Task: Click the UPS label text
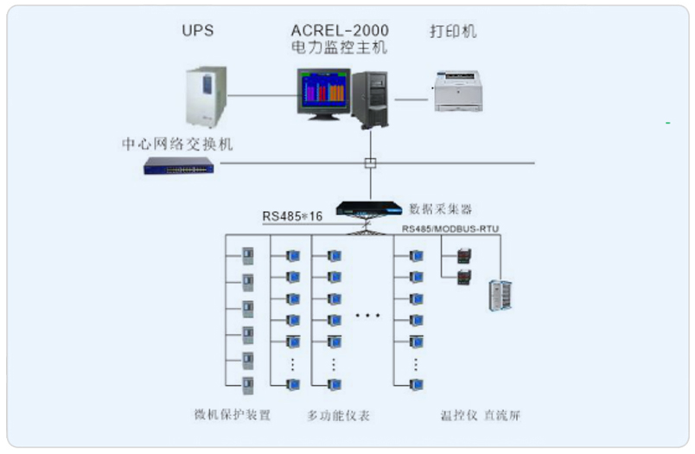(x=197, y=32)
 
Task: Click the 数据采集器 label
(x=441, y=208)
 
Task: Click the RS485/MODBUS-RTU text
(x=450, y=229)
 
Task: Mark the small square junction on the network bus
(x=370, y=163)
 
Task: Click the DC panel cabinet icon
(x=499, y=295)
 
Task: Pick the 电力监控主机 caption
(x=339, y=49)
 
